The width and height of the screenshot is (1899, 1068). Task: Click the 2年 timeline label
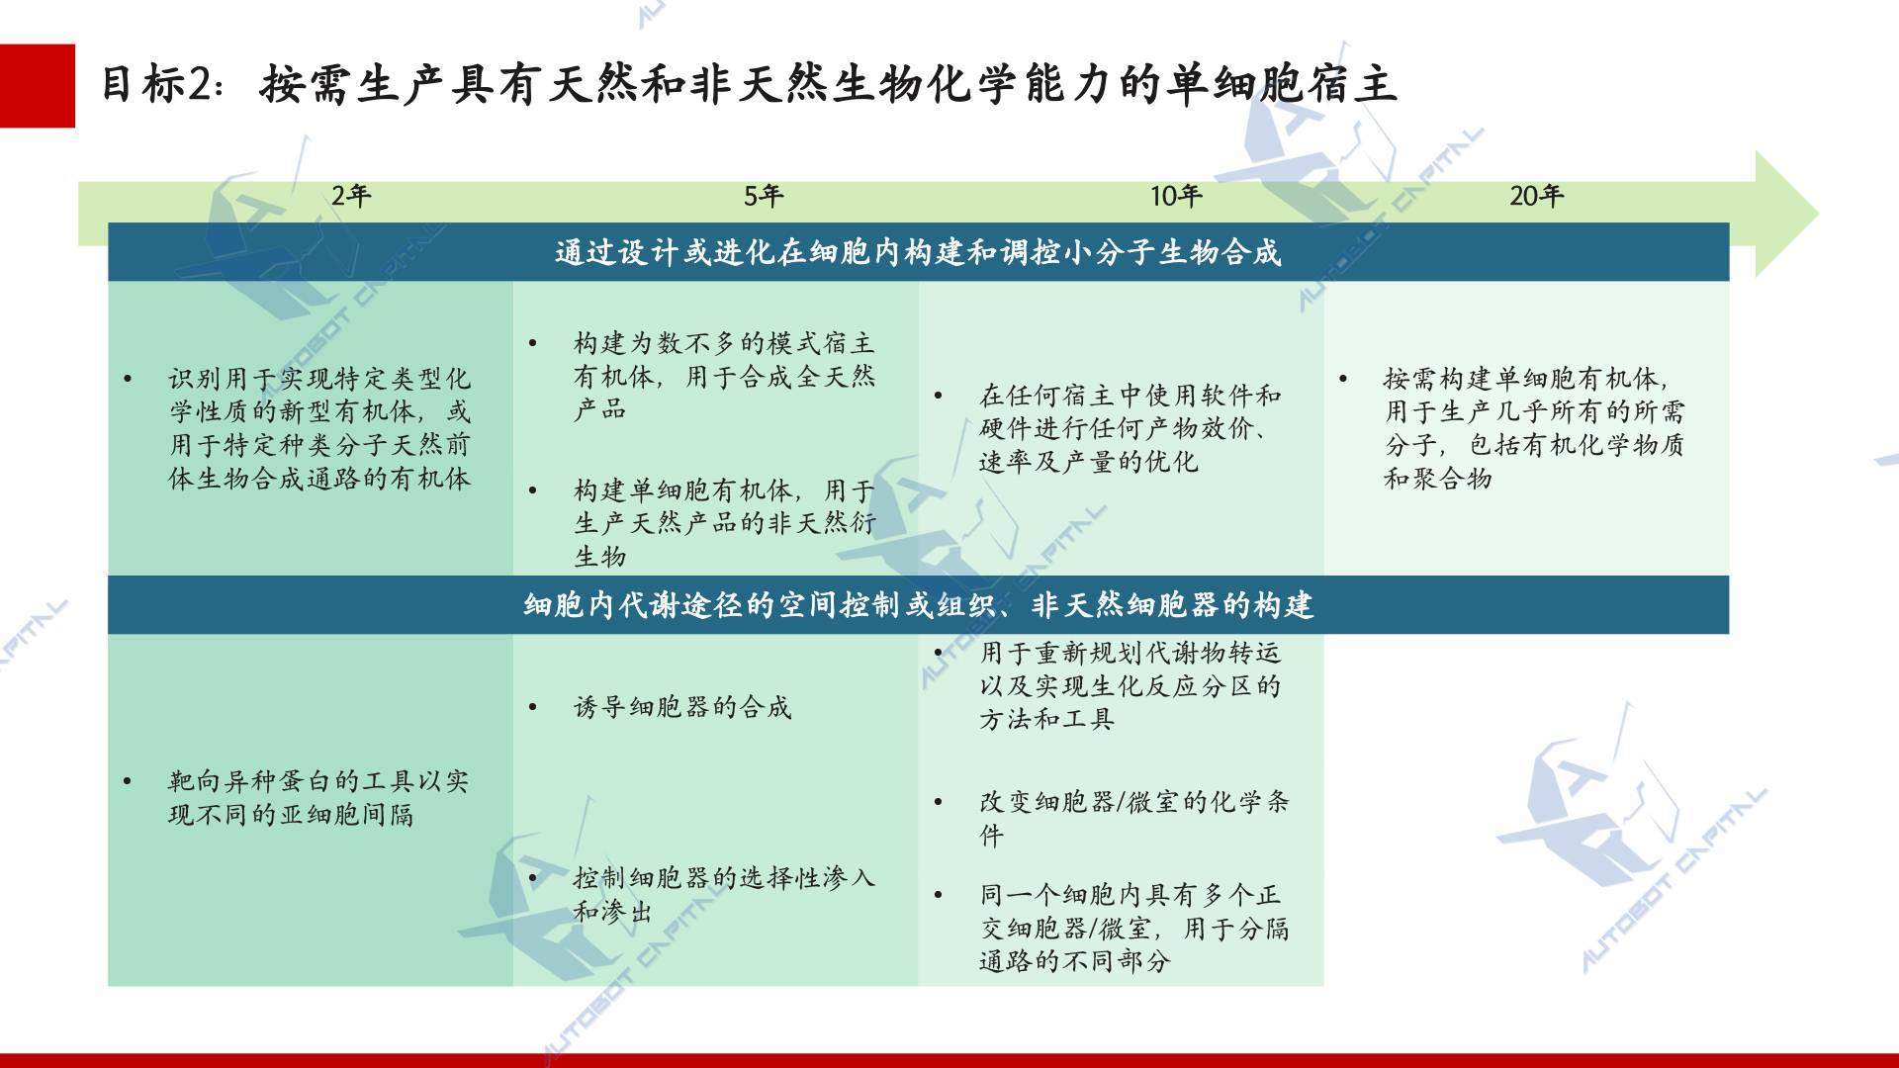click(x=351, y=196)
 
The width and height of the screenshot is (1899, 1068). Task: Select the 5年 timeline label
click(x=764, y=196)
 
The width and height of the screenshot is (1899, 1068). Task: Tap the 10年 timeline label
click(x=1176, y=196)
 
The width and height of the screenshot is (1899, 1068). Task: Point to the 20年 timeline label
click(x=1536, y=196)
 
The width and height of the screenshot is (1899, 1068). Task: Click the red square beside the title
click(x=38, y=86)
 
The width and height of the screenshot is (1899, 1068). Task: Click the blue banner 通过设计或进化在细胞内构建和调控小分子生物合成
click(x=918, y=252)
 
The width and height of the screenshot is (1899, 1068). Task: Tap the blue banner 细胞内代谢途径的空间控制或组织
click(x=918, y=605)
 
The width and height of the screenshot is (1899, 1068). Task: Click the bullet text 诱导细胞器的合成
click(x=682, y=707)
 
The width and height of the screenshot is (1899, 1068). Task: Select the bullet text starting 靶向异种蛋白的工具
click(x=318, y=798)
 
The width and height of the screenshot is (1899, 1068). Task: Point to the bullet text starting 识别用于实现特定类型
click(x=319, y=428)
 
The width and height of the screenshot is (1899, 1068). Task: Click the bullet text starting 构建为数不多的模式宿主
click(x=725, y=376)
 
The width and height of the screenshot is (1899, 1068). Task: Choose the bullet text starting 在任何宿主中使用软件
click(x=1130, y=428)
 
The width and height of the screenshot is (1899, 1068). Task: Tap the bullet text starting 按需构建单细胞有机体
click(x=1534, y=428)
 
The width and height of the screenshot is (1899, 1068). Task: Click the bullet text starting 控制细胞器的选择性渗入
click(x=725, y=894)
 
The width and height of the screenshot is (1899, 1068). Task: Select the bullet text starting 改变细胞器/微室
click(x=1134, y=818)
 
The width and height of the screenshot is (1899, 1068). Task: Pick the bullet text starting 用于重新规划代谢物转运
click(x=1130, y=685)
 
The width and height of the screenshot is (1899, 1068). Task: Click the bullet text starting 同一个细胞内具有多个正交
click(x=1134, y=928)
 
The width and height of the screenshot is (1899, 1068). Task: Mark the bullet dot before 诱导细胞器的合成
click(x=533, y=708)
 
